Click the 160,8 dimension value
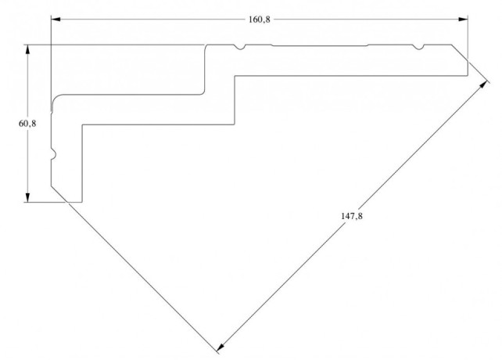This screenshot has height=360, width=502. coord(260,20)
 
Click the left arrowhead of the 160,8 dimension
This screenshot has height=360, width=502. coord(56,20)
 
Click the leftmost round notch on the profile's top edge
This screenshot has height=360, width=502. coord(241,48)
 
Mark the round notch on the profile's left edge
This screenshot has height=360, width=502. coord(53,155)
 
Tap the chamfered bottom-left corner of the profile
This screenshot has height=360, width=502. coord(58,194)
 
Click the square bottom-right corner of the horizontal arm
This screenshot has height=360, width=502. coord(468,75)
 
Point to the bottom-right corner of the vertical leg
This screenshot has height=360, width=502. coord(82,202)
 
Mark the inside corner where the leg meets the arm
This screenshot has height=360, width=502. coord(82,124)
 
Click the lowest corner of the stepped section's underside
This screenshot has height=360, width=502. coord(235,124)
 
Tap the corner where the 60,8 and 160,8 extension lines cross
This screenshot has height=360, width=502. coord(51,45)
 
